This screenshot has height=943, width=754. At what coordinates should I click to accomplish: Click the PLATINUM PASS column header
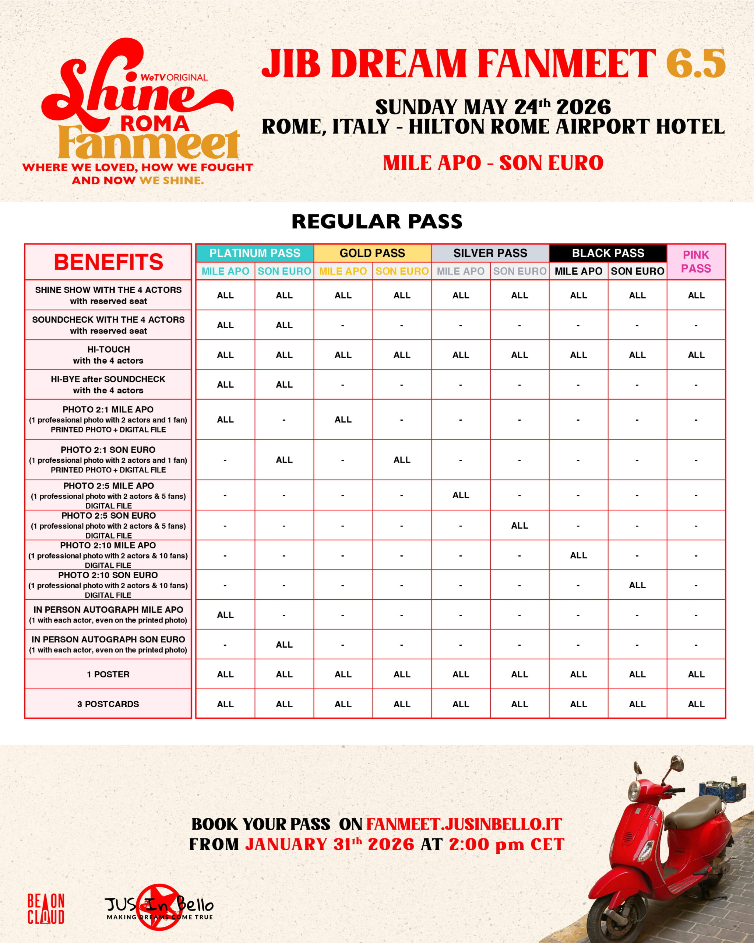pyautogui.click(x=255, y=253)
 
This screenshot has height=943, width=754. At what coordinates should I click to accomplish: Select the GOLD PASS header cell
pyautogui.click(x=373, y=253)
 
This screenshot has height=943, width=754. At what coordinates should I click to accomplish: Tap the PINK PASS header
pyautogui.click(x=696, y=262)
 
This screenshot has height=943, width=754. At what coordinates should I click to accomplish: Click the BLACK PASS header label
pyautogui.click(x=608, y=253)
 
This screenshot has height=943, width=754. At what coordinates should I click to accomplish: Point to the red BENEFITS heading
pyautogui.click(x=108, y=262)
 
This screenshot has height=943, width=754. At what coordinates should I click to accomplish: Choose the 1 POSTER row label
pyautogui.click(x=108, y=674)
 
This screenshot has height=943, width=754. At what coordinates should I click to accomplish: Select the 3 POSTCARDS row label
pyautogui.click(x=108, y=704)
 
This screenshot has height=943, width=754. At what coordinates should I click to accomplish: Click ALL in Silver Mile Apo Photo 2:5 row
pyautogui.click(x=461, y=495)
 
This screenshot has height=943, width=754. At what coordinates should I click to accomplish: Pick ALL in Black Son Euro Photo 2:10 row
pyautogui.click(x=637, y=585)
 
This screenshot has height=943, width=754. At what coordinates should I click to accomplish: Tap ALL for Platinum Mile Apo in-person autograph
pyautogui.click(x=225, y=615)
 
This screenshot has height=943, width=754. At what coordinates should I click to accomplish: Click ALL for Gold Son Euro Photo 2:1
pyautogui.click(x=402, y=460)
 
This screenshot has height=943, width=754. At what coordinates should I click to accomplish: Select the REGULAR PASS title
pyautogui.click(x=377, y=221)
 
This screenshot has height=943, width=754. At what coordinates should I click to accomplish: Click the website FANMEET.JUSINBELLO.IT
pyautogui.click(x=464, y=824)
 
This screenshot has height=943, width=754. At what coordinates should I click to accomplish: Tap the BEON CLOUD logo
pyautogui.click(x=46, y=908)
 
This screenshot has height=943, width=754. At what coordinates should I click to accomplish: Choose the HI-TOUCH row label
pyautogui.click(x=108, y=355)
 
